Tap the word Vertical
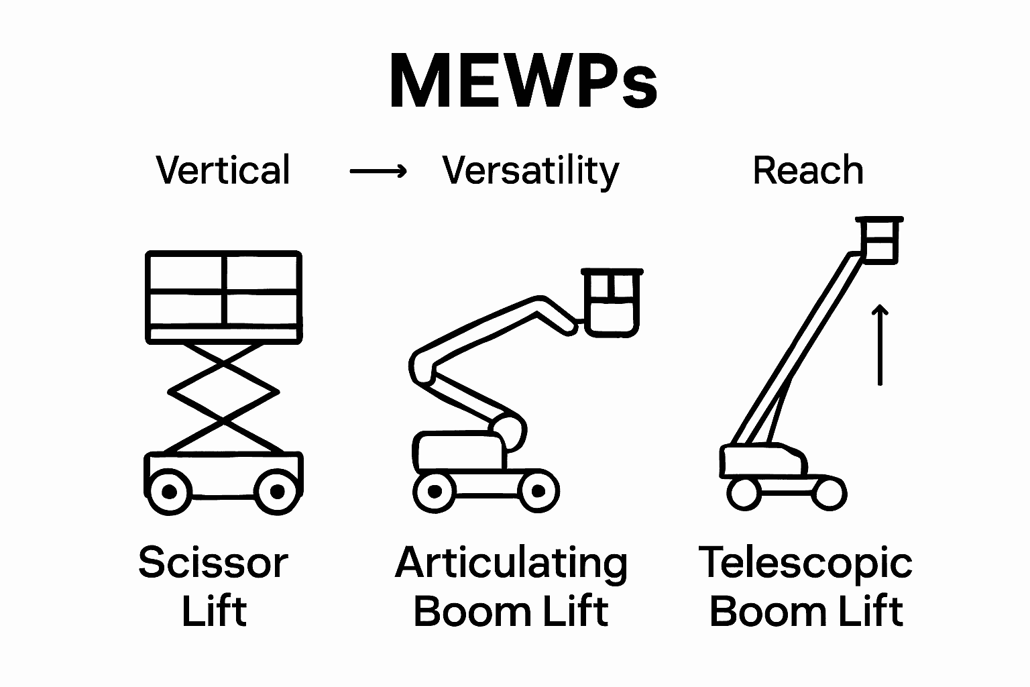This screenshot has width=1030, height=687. pos(223,170)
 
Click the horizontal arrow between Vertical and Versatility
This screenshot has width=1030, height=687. pos(378,172)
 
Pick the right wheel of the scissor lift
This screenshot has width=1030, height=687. pos(277,492)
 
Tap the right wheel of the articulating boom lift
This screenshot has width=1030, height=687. pos(537,492)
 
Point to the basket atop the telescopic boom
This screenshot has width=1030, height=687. pos(878,240)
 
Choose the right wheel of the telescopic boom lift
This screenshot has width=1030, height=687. pos(829,493)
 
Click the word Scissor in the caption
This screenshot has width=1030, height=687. pos(213,563)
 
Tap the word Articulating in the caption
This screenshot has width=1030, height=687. pos(511,563)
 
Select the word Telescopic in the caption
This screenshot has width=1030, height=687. pos(805,563)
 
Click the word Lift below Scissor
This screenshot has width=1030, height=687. pos(215,611)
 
